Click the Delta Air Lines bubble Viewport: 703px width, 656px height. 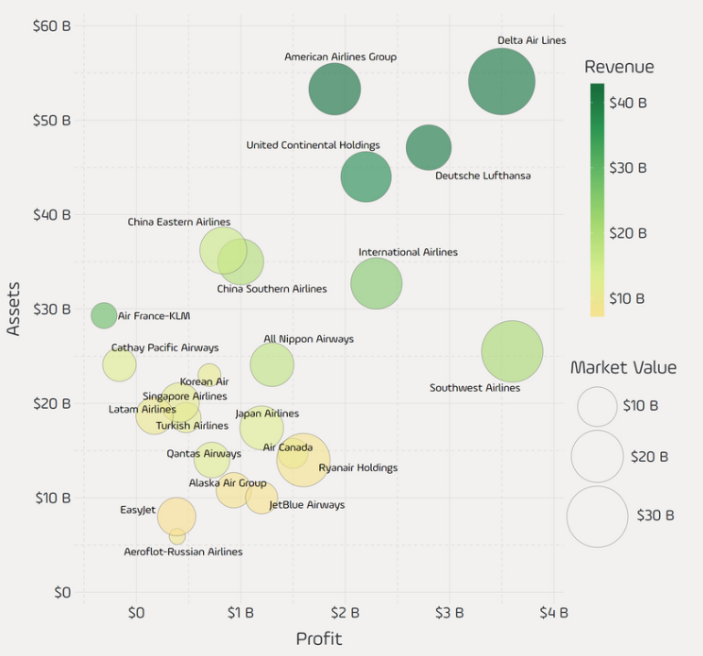pos(501,81)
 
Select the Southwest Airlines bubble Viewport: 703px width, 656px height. pos(512,351)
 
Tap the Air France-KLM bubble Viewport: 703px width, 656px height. pos(104,315)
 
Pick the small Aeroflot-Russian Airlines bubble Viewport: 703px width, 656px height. pos(176,536)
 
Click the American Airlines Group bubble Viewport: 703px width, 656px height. pos(335,89)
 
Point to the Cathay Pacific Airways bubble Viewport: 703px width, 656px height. pos(119,364)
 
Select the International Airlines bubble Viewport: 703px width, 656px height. pos(376,284)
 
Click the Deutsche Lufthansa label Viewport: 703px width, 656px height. pos(482,176)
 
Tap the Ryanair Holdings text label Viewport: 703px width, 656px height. pos(357,468)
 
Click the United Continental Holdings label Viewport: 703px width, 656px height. pos(313,145)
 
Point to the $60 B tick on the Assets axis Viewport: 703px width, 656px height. pos(51,26)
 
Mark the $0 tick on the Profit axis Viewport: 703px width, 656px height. pos(136,612)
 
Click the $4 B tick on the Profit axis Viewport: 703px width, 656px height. pos(553,612)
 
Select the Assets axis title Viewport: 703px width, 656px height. pos(14,308)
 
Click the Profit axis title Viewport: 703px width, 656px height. pos(318,639)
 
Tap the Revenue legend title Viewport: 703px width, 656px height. pos(619,67)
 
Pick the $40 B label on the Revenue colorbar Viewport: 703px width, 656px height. pos(629,102)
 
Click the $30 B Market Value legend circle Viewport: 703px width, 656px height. pos(597,516)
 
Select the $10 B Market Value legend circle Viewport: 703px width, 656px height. pos(597,406)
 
